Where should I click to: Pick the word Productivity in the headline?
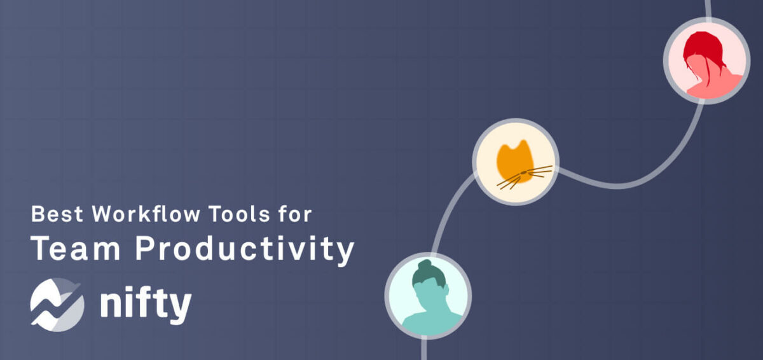244,250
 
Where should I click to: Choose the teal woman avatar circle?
427,295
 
